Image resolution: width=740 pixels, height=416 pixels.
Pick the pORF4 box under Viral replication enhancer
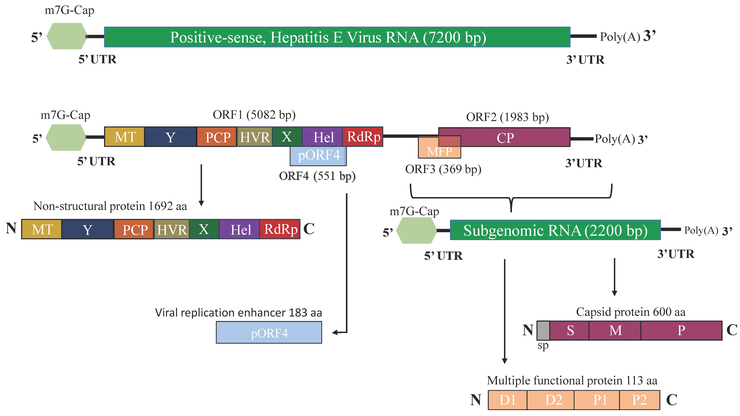pos(269,332)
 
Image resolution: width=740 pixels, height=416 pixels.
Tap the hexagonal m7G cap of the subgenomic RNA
pos(416,230)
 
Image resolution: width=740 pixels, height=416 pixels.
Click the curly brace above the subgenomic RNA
pos(511,198)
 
